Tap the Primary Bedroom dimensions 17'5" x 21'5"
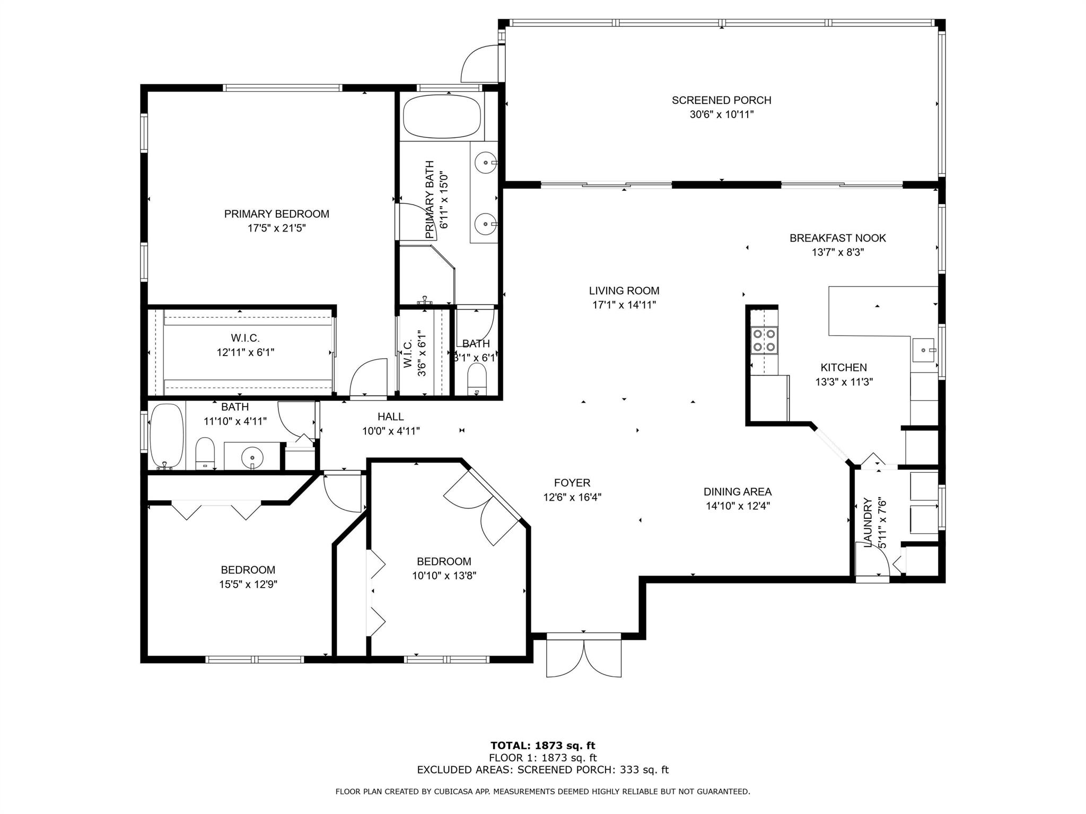(277, 228)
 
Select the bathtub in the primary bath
(442, 117)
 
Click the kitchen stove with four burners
(764, 341)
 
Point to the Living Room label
(624, 291)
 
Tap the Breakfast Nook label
(838, 238)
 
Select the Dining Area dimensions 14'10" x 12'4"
(738, 506)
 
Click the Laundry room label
(868, 523)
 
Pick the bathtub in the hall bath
(167, 437)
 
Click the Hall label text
(391, 417)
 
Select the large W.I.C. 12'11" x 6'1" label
(246, 345)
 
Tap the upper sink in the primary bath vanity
(485, 163)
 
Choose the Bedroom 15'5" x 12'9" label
(248, 577)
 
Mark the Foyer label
(572, 483)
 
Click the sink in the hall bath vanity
(252, 456)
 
